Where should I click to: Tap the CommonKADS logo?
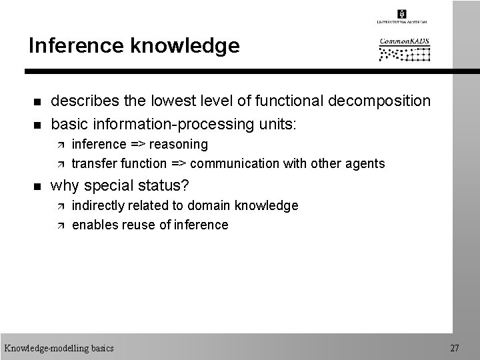point(405,49)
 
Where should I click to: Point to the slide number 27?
point(455,348)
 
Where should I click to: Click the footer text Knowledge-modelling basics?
point(59,348)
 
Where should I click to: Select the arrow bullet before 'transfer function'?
point(59,164)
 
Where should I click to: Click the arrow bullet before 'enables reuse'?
point(59,225)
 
